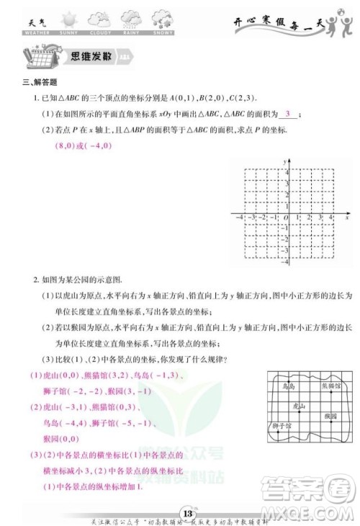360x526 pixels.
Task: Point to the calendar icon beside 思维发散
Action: [36, 55]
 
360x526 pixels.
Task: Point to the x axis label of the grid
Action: [347, 217]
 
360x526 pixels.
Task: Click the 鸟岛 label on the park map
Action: [289, 387]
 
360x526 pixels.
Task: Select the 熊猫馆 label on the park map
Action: [329, 385]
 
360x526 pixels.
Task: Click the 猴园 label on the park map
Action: [330, 416]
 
